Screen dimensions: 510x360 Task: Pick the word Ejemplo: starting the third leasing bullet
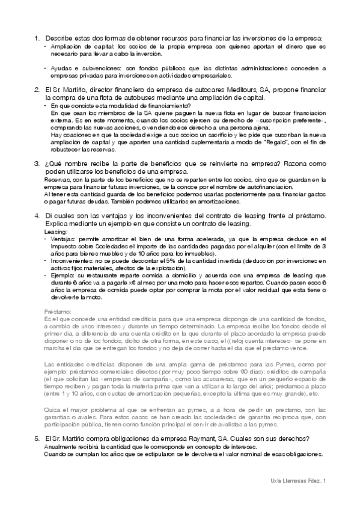[65, 275]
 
